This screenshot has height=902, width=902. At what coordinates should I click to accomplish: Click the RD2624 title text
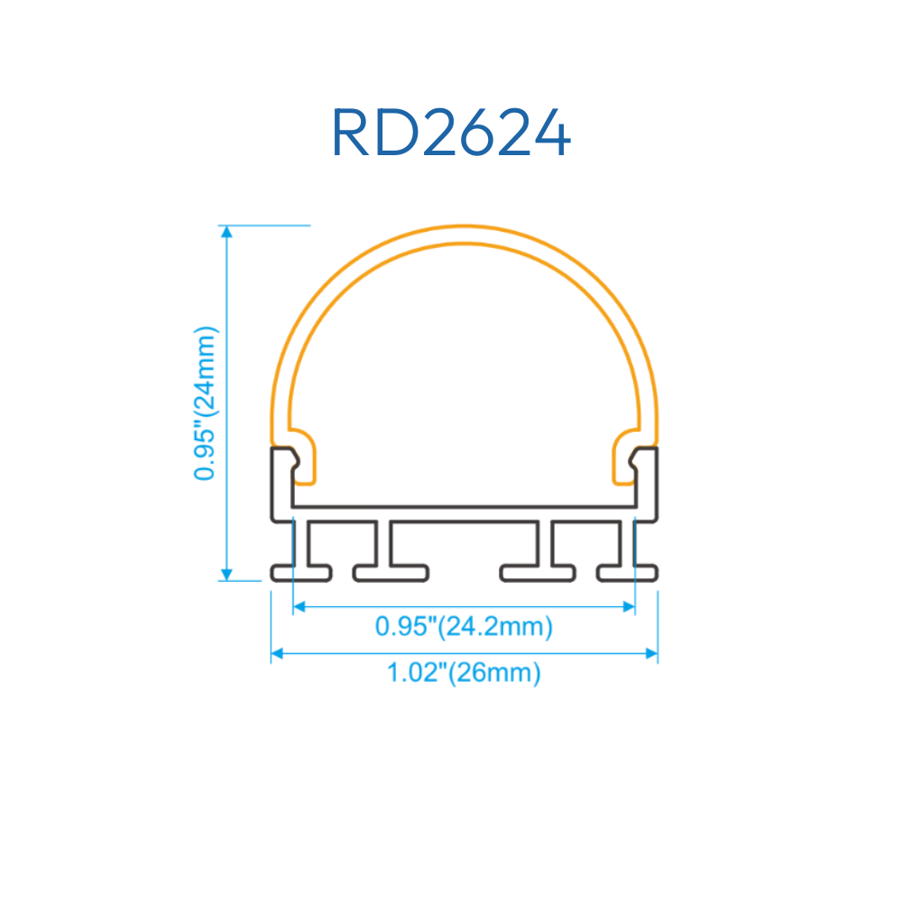(x=451, y=133)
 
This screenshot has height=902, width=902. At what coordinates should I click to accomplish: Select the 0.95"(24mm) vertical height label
(x=206, y=403)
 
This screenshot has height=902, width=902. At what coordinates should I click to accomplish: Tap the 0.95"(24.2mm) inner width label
(x=464, y=626)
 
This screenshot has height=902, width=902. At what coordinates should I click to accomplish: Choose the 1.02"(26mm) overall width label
(x=464, y=673)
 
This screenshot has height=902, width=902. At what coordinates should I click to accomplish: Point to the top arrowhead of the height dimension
(x=226, y=231)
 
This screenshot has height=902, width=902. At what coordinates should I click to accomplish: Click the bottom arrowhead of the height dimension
(x=226, y=575)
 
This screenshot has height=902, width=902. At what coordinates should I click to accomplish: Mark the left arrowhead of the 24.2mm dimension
(x=299, y=606)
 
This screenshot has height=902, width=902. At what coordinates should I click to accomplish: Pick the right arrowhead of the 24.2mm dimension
(x=629, y=606)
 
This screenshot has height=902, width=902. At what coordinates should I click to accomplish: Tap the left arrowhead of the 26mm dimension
(x=277, y=653)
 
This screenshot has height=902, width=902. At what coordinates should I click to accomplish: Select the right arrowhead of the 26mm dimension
(x=651, y=653)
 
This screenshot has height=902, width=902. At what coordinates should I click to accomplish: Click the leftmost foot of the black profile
(x=301, y=573)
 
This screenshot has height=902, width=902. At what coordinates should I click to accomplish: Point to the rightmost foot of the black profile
(x=627, y=573)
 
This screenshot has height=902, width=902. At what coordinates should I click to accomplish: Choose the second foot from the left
(x=391, y=573)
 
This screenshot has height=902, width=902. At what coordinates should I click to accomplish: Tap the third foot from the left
(x=538, y=573)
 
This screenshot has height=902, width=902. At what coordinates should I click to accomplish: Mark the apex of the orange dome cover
(x=465, y=226)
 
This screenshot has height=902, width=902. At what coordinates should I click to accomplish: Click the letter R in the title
(x=350, y=133)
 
